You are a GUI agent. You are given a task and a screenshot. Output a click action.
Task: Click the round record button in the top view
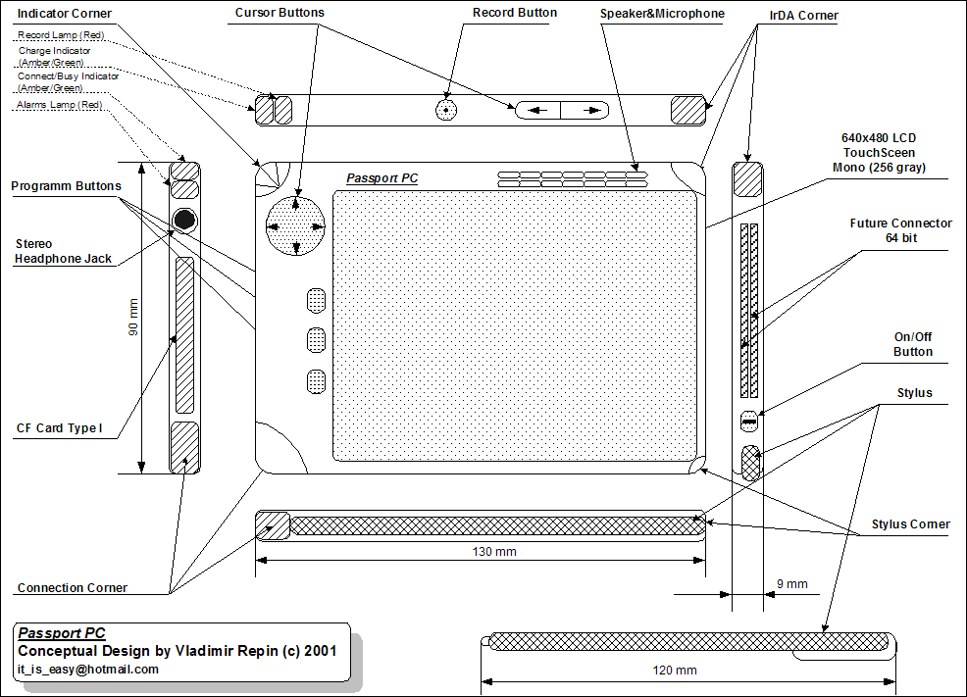(446, 110)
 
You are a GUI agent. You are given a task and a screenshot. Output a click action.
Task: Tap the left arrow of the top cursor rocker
(537, 111)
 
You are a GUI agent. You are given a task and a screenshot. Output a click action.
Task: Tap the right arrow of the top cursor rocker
(591, 111)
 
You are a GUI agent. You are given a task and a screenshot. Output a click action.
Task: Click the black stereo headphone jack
(184, 220)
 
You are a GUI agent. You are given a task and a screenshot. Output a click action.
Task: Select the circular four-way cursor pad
(295, 226)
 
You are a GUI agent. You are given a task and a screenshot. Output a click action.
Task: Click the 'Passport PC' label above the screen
(382, 178)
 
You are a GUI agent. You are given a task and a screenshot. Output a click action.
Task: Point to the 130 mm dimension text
(494, 552)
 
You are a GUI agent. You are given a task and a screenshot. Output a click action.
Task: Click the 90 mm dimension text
(133, 318)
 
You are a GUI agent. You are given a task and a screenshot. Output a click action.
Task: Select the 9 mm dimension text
(791, 583)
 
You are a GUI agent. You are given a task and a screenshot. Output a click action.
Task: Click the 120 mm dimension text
(675, 670)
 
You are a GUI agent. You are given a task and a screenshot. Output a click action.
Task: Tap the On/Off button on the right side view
(748, 422)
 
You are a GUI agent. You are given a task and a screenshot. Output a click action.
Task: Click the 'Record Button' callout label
(514, 13)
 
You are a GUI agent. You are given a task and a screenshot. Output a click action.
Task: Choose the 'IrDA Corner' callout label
(803, 16)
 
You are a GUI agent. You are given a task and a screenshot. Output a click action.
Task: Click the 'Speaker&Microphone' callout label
(662, 14)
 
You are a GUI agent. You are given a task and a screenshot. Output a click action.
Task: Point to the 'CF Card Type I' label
(59, 427)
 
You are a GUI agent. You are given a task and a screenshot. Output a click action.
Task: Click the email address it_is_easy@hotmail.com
(88, 670)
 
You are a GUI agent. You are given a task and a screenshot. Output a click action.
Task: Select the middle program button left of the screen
(316, 340)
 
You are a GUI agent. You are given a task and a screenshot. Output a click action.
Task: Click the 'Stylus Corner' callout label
(910, 523)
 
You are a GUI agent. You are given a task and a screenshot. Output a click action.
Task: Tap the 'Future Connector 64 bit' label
(900, 230)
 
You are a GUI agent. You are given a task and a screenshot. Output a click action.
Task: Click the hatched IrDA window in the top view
(687, 111)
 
